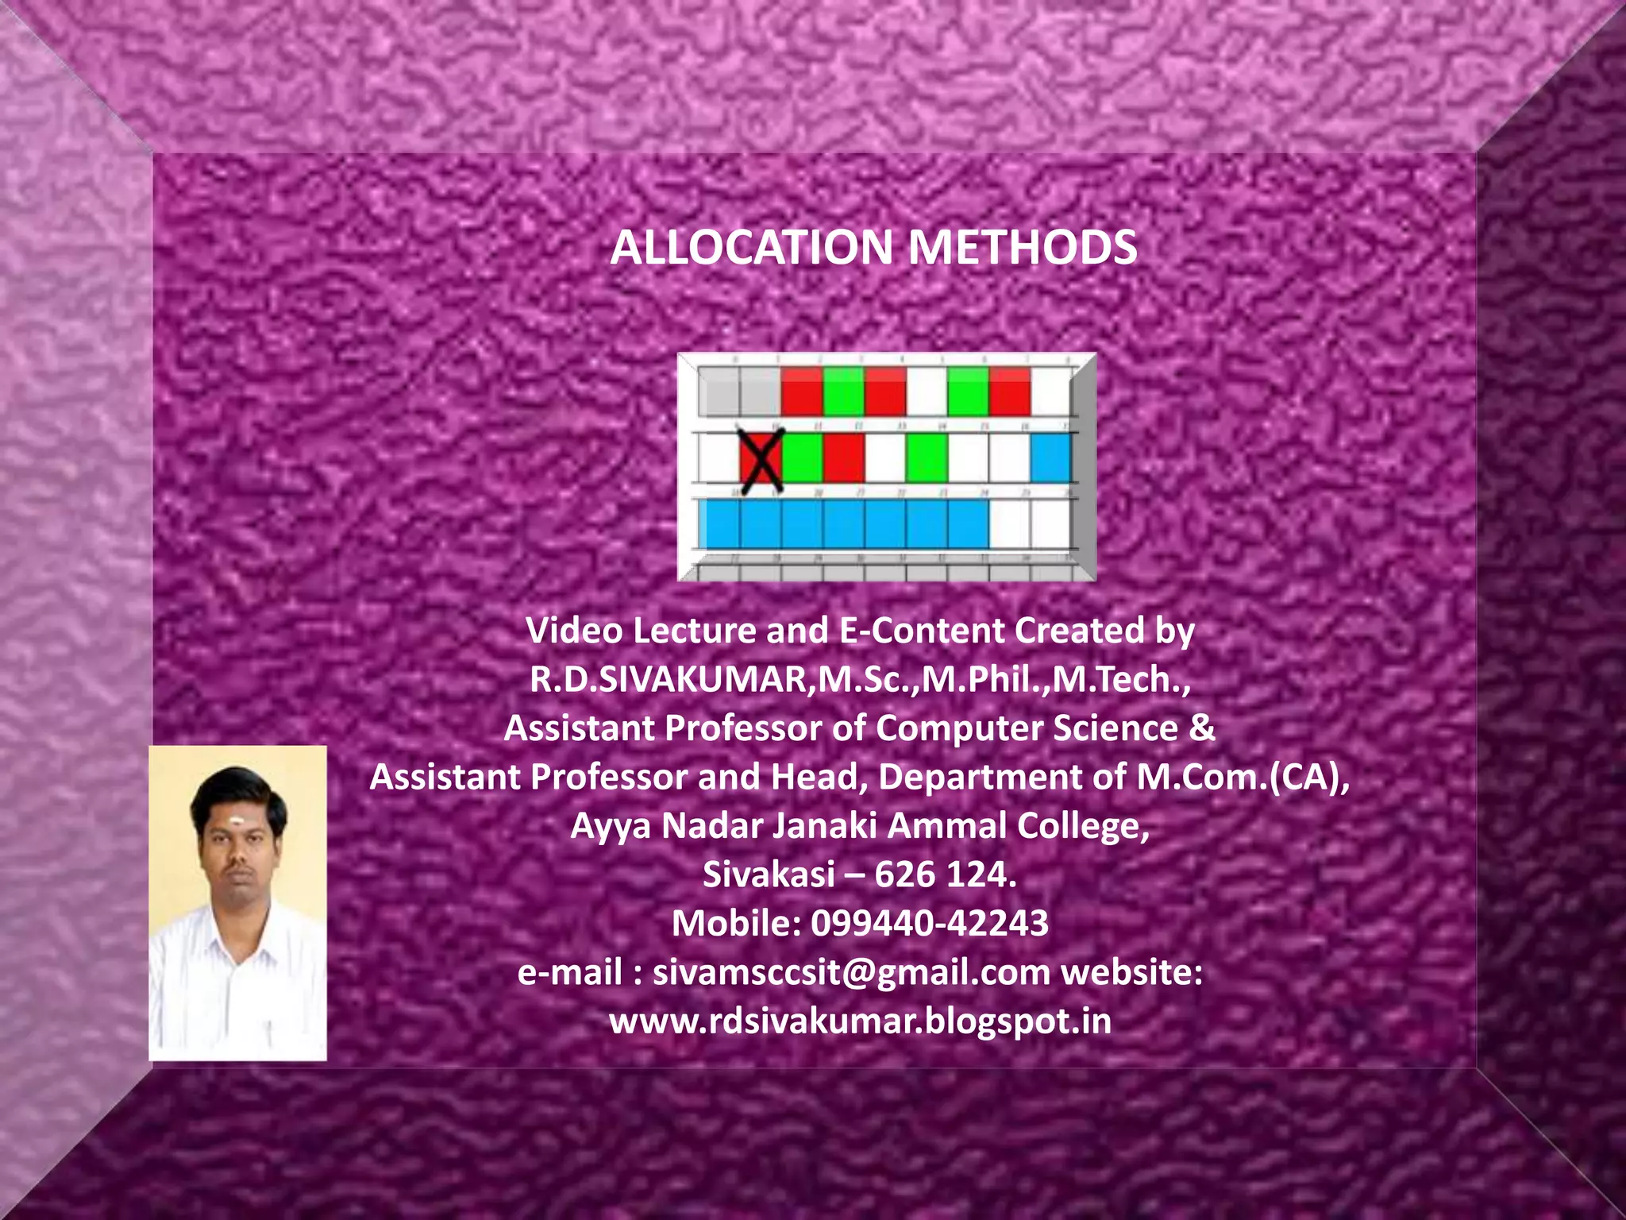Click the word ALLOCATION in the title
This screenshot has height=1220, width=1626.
coord(751,247)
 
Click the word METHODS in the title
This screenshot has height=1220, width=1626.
coord(1023,247)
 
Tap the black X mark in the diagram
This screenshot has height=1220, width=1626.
coord(761,457)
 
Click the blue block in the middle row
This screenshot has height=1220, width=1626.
coord(1050,458)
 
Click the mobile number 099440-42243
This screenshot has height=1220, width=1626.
coord(930,924)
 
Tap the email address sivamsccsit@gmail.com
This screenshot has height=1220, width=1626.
coord(851,973)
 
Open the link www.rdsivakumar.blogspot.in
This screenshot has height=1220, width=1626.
coord(860,1021)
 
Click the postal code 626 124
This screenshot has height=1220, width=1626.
coord(945,874)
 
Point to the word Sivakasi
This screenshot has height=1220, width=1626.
coord(769,874)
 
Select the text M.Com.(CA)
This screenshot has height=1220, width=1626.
coord(1242,777)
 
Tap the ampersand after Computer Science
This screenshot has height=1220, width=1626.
coord(1202,728)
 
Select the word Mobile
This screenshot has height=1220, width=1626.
coord(735,924)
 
